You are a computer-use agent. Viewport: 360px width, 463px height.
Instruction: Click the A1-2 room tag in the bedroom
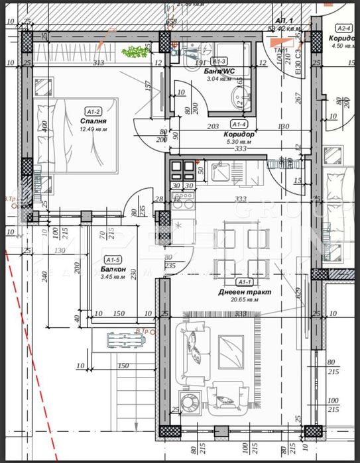tap(93, 112)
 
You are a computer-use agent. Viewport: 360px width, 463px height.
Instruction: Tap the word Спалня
tap(93, 121)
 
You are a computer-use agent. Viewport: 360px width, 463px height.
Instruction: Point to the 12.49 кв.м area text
tap(93, 129)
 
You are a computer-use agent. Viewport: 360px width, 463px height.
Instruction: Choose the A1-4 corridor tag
tap(239, 124)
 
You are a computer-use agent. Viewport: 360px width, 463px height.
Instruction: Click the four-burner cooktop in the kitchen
tap(182, 170)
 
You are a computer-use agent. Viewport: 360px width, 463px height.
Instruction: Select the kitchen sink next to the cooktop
tap(219, 172)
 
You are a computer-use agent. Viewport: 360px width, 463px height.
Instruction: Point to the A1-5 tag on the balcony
tap(113, 260)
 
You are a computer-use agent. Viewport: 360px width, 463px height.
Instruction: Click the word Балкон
tap(111, 270)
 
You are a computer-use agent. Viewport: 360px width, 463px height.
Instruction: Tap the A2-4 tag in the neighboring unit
tap(343, 28)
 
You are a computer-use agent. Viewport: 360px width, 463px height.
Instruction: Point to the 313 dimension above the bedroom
tap(99, 64)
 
